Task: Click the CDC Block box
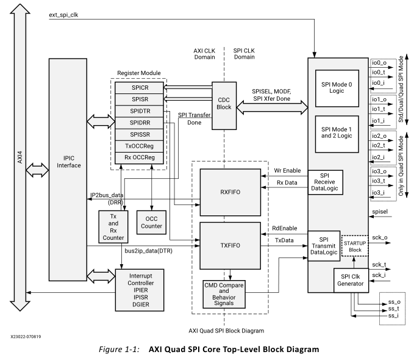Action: point(224,105)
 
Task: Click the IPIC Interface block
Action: point(69,160)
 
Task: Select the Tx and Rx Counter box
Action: point(112,225)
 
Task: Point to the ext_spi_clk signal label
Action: point(65,14)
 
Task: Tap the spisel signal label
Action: point(380,211)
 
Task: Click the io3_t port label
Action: point(379,181)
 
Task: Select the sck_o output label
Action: point(379,240)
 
